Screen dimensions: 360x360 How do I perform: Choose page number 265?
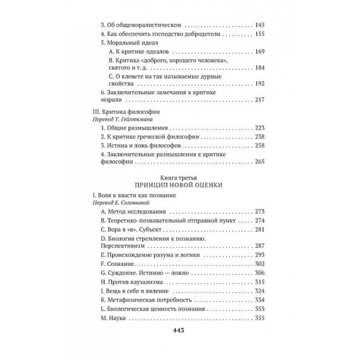click(x=260, y=162)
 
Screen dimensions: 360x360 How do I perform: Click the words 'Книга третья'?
click(x=179, y=178)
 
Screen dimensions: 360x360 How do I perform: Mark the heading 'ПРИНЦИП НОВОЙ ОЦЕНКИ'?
click(x=179, y=186)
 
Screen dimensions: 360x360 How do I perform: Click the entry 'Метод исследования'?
click(x=139, y=212)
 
